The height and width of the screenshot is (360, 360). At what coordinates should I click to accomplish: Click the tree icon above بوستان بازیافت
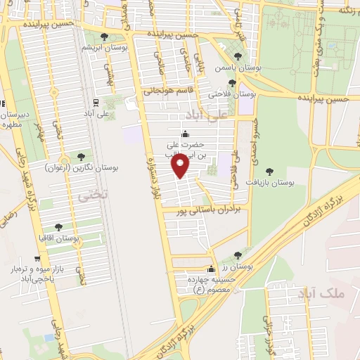pos(269,171)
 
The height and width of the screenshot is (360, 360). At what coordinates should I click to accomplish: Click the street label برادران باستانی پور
pos(211,210)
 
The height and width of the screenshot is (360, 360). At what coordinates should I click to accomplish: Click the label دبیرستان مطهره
pos(14,118)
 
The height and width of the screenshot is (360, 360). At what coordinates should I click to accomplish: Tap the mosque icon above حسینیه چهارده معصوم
pos(211,269)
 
